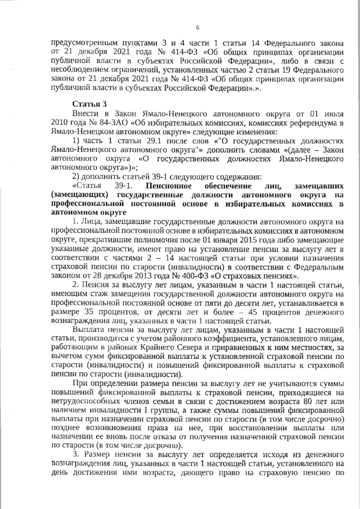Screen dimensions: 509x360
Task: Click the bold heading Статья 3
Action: point(89,105)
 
